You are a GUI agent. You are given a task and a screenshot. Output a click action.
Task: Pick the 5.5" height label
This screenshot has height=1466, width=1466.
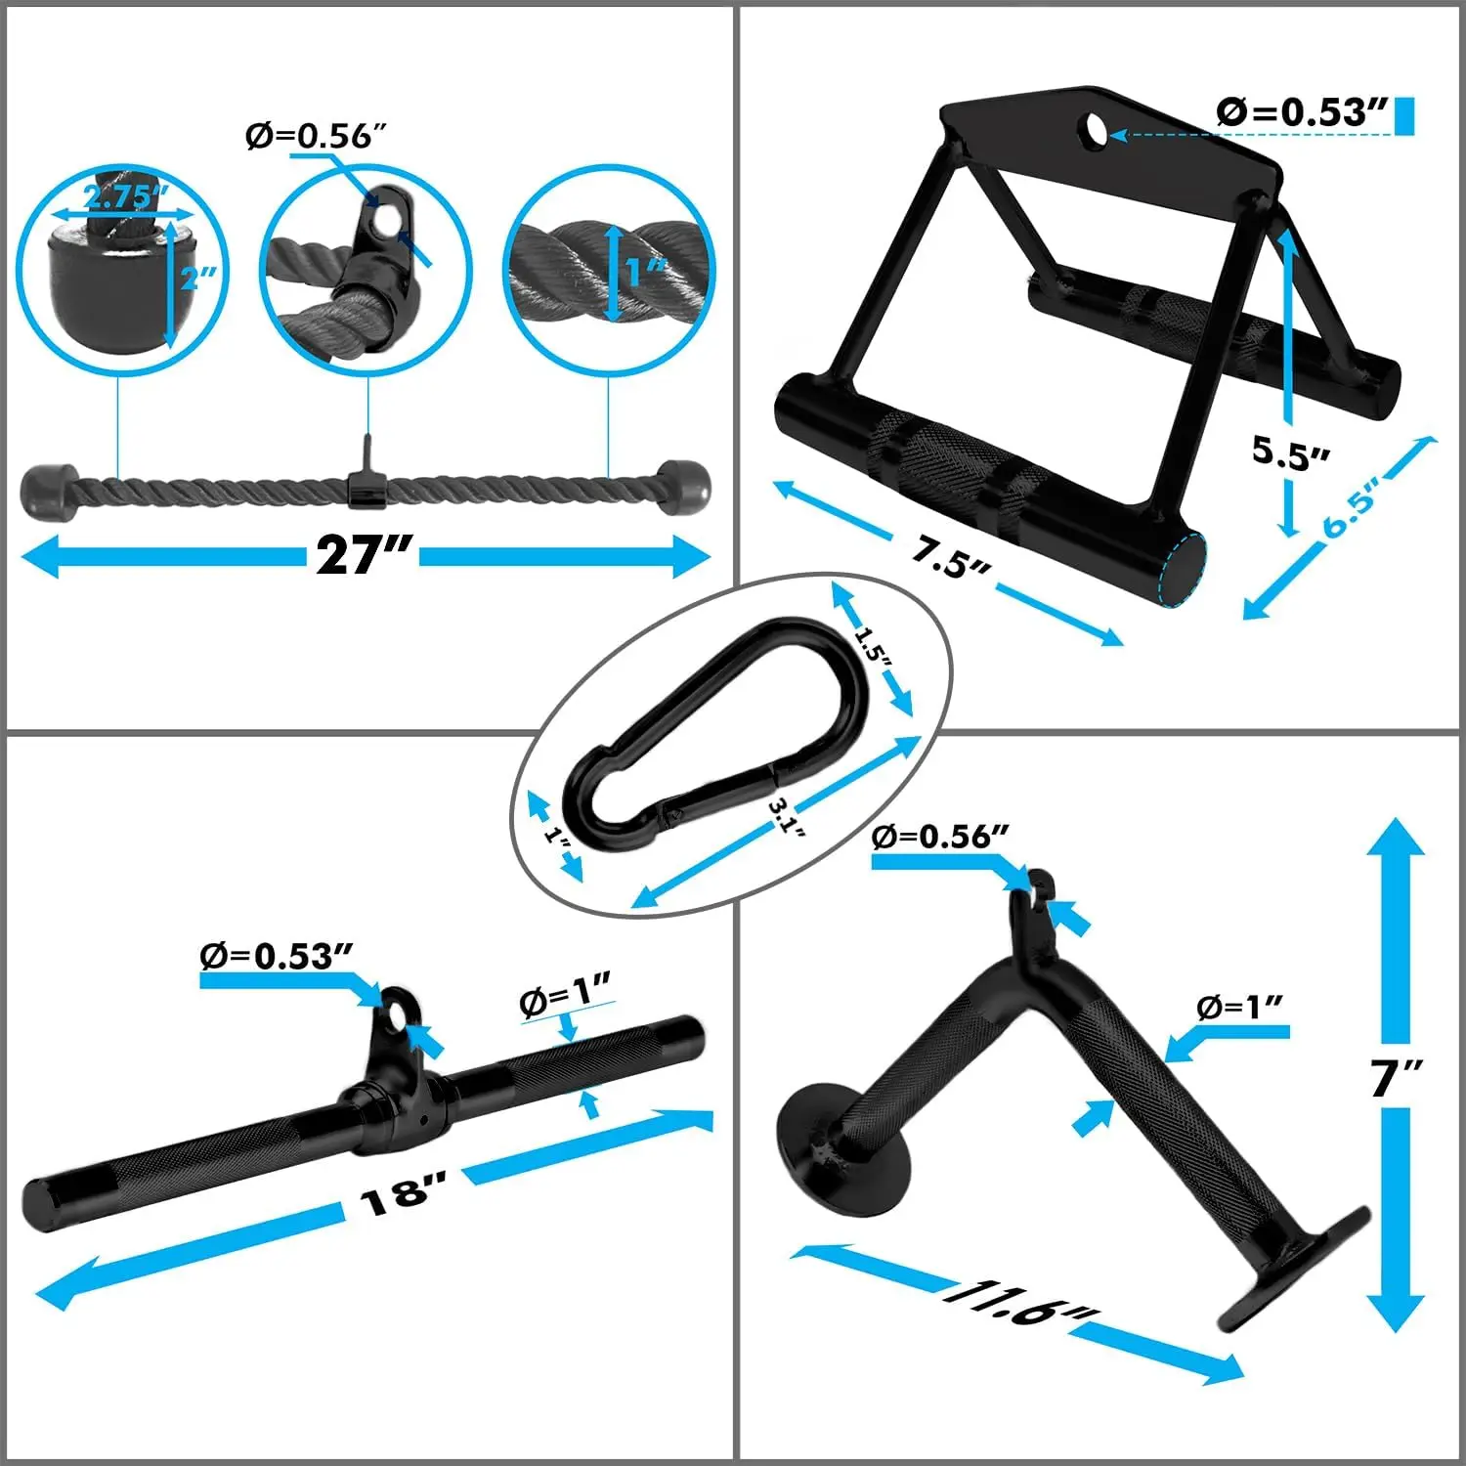coord(1291,452)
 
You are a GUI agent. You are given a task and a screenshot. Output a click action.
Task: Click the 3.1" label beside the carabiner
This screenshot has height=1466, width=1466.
coord(786,816)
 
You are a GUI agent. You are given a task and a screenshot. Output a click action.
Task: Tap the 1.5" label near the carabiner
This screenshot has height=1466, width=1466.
coord(872,646)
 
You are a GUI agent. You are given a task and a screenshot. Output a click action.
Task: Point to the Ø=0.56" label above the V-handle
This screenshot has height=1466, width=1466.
coord(938,837)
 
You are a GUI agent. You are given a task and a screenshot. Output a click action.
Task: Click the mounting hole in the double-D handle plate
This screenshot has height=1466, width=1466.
coord(1095,129)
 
